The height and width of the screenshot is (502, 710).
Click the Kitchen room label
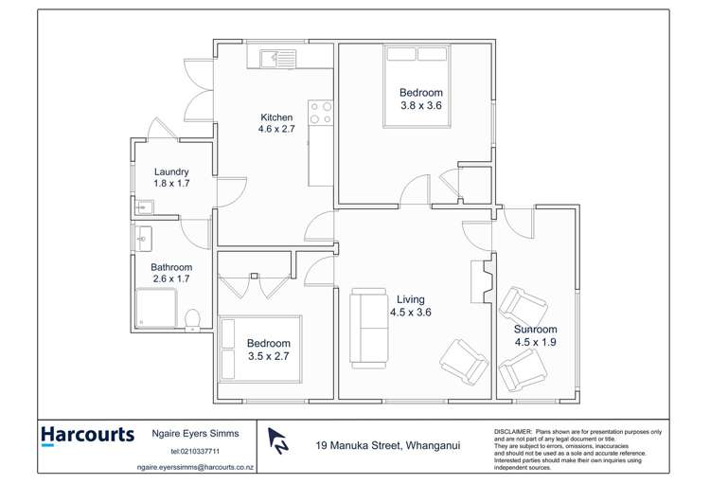click(x=276, y=117)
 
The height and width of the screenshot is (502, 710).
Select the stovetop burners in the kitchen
click(x=321, y=114)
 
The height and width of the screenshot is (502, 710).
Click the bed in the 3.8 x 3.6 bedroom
click(x=419, y=86)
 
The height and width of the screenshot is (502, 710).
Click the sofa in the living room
click(x=368, y=328)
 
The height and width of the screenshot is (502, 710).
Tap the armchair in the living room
click(x=463, y=362)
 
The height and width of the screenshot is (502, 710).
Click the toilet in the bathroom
click(x=193, y=319)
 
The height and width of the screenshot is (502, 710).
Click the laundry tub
click(x=143, y=206)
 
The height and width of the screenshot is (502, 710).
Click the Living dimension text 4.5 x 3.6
click(x=410, y=312)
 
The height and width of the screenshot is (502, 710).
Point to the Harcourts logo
click(x=87, y=436)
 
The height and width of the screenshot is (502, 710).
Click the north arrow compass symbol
click(x=277, y=439)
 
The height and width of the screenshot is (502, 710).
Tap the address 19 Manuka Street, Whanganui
click(x=388, y=444)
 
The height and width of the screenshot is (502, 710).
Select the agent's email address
click(x=195, y=467)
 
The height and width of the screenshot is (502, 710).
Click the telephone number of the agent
click(x=195, y=452)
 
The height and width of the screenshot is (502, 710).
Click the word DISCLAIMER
click(x=512, y=431)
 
